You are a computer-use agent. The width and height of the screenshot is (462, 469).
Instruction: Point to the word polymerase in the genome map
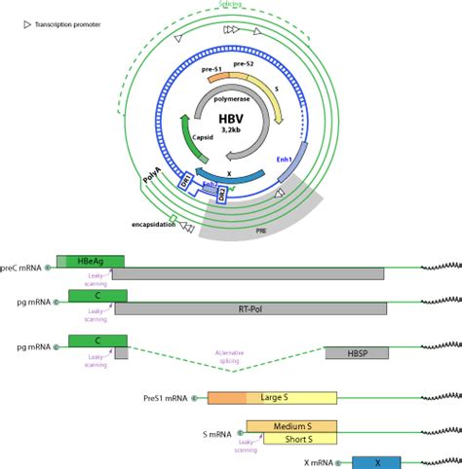[x=229, y=98]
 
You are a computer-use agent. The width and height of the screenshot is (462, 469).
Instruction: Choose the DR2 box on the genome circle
[x=222, y=194]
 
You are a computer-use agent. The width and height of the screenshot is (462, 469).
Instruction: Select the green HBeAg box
[x=91, y=260]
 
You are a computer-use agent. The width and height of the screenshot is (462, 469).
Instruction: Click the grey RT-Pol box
[x=250, y=308]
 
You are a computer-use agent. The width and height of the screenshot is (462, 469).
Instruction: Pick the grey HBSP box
[x=356, y=352]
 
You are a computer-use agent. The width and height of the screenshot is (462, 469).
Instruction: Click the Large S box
[x=290, y=398]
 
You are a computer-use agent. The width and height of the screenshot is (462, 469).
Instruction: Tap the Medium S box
[x=290, y=426]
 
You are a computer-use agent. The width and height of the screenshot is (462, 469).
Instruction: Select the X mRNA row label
[x=317, y=464]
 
